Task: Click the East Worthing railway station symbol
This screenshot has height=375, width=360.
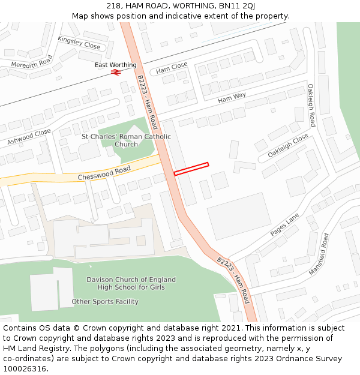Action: (116, 73)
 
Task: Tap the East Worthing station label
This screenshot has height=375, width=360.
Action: (116, 65)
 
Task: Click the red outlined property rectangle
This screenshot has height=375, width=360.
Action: (191, 169)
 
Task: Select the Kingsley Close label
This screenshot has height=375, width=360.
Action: (79, 42)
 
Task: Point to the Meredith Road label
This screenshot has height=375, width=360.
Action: (32, 62)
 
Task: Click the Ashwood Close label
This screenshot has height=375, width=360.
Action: (29, 137)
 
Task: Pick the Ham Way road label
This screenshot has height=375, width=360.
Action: (232, 97)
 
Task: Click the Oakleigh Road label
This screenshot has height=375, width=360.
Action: (311, 105)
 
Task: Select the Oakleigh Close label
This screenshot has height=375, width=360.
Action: (288, 146)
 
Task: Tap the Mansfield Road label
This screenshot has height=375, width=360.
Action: (319, 254)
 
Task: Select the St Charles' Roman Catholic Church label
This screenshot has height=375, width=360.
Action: (126, 140)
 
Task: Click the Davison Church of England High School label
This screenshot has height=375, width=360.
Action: (131, 283)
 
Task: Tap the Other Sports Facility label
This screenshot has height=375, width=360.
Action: (105, 301)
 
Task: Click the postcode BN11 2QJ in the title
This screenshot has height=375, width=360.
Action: (232, 5)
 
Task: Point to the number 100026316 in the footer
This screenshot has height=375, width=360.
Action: (25, 368)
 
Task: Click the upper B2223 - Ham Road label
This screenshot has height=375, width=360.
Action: (147, 102)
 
